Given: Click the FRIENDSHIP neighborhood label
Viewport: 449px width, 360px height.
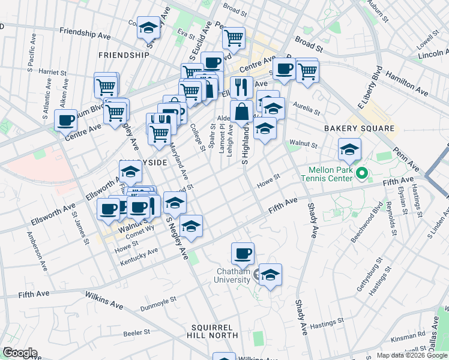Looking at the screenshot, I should (124, 55).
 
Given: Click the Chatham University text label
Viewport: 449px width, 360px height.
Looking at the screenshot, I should (233, 275).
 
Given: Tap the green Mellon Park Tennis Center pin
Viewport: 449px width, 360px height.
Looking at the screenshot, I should (361, 175).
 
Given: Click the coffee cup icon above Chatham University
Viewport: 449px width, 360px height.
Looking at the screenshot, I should (243, 253).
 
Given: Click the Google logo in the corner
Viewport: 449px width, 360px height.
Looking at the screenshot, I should (20, 353).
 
